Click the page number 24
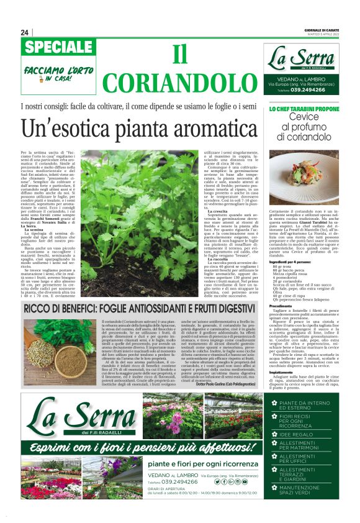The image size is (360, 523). [24, 32]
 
